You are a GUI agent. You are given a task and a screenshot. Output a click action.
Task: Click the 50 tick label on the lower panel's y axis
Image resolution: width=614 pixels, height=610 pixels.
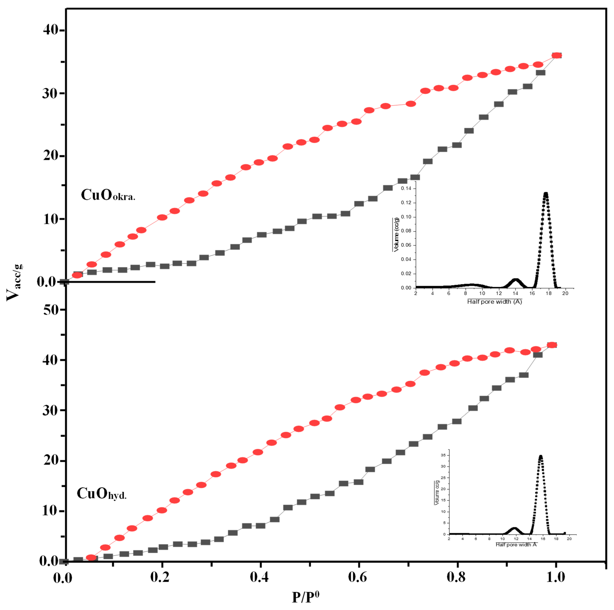[x=51, y=310]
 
